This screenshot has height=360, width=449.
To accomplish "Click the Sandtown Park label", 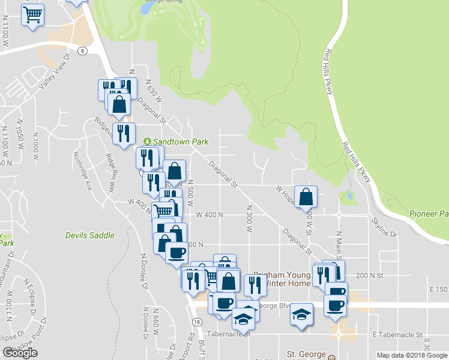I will click(180, 142).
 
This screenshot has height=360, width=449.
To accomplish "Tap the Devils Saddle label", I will click(89, 235).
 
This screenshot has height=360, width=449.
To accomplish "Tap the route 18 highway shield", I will click(196, 322).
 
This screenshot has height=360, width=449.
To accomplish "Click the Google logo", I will click(20, 353).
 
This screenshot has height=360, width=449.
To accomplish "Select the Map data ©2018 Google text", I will click(412, 355).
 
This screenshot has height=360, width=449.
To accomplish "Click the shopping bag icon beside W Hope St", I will click(306, 196).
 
